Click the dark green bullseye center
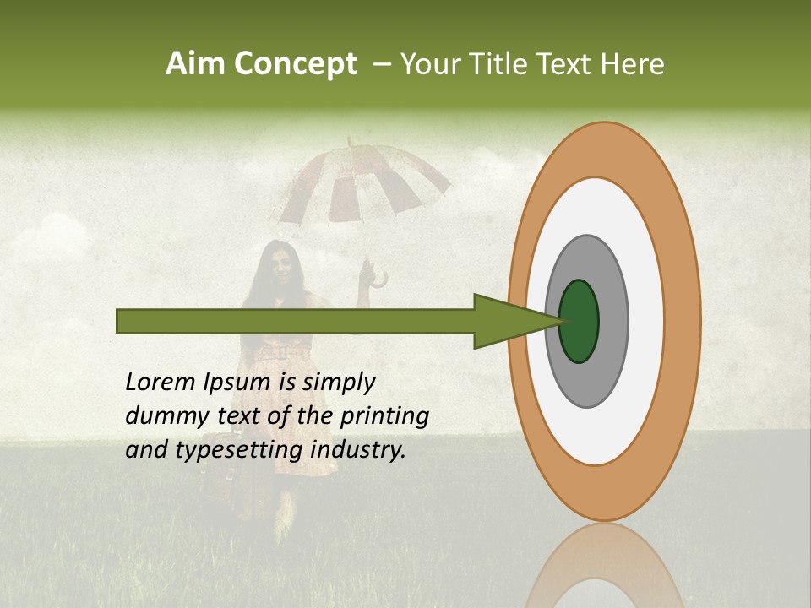pyautogui.click(x=580, y=321)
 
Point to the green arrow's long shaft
pyautogui.click(x=296, y=321)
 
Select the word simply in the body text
pyautogui.click(x=338, y=383)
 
